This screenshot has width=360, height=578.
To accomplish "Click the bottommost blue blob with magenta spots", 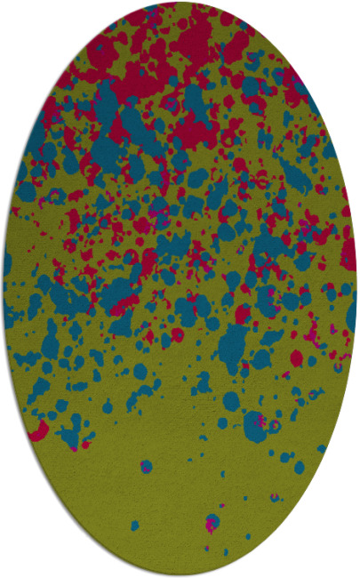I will pos(212,522).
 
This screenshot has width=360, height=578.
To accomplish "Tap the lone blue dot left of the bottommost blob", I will pos(135,526).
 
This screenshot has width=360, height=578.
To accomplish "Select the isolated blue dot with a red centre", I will pos(146,465).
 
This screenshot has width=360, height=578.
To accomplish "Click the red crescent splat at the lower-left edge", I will pos(37,433).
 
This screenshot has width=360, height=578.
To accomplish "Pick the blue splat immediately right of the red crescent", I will pos(68,435).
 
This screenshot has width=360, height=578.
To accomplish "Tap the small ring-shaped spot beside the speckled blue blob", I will pos(276,427).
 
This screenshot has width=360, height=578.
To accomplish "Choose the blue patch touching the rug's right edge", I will pos(351,311).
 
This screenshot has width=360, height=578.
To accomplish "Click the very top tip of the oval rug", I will pos(179,3).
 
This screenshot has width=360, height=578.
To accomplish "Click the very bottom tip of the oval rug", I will pos(179,575).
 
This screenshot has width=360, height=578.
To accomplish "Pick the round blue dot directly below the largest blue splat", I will pos(232,400).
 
